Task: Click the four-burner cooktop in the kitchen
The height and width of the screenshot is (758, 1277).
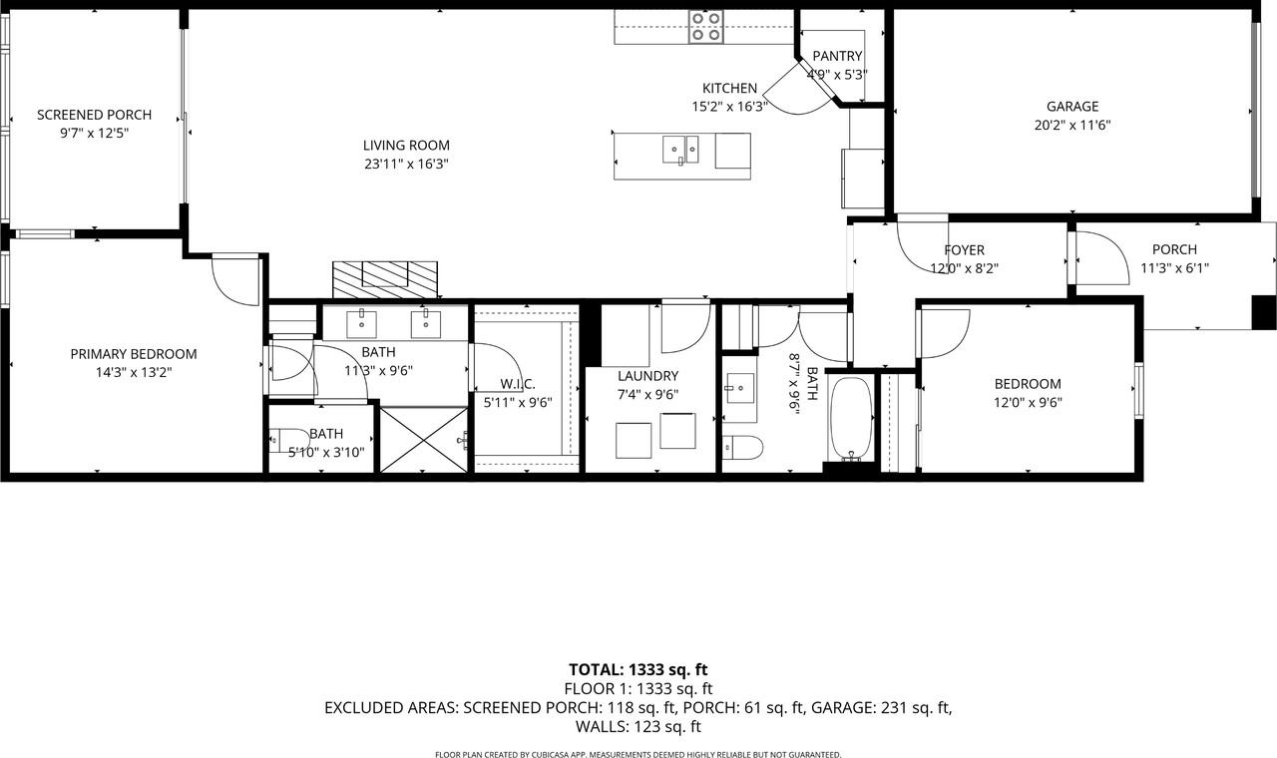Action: tap(705, 27)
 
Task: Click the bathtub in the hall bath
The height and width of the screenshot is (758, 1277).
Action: tap(851, 419)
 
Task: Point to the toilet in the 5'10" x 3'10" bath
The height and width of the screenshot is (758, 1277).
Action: tap(287, 439)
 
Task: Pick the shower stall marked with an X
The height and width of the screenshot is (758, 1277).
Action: tap(424, 438)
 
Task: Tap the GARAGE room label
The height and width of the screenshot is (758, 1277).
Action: tap(1071, 107)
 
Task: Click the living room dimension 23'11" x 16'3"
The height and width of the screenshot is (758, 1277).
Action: tap(406, 165)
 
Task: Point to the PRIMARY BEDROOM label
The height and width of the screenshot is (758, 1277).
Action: tap(133, 354)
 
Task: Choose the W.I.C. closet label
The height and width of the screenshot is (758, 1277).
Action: tap(518, 384)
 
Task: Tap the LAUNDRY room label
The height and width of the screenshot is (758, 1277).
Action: tap(647, 376)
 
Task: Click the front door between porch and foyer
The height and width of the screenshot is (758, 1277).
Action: tap(1095, 254)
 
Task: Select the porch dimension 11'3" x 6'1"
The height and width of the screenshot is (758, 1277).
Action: tap(1174, 267)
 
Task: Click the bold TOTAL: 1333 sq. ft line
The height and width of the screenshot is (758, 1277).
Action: tap(638, 669)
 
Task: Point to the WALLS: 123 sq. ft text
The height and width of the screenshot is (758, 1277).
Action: tap(638, 727)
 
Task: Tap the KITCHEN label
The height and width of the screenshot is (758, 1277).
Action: tap(729, 88)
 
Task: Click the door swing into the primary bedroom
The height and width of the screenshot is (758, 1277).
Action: tap(235, 279)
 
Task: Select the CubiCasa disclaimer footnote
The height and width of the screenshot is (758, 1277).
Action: tap(638, 754)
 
